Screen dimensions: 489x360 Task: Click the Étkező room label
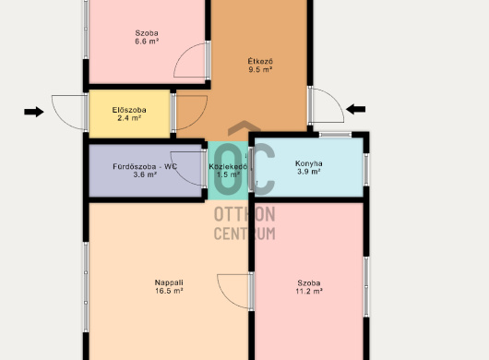260,61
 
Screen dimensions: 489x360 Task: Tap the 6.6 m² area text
147,42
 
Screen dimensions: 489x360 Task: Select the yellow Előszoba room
129,114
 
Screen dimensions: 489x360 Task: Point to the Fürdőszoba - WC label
145,166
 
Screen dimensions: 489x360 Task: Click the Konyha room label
309,163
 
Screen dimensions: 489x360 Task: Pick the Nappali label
169,282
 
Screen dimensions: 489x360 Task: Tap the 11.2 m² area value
309,291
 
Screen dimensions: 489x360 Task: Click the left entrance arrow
34,112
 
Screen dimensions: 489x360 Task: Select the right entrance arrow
355,109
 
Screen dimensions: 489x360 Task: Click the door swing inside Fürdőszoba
176,173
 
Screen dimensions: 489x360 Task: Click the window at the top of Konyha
335,135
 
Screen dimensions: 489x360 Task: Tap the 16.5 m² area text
169,291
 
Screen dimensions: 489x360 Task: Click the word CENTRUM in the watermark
244,234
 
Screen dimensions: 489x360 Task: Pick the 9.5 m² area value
260,69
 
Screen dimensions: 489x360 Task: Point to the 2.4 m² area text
129,118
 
